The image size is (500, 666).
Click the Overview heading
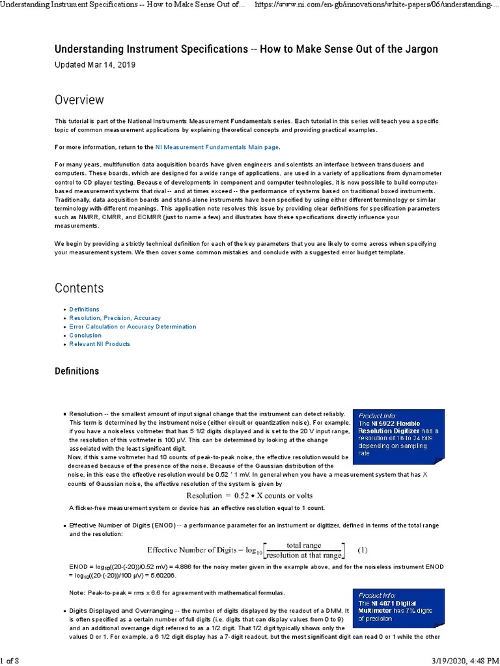pos(79,100)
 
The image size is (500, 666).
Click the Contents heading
pos(79,287)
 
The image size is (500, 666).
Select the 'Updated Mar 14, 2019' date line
pos(96,65)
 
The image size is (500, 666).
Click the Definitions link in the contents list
pos(84,310)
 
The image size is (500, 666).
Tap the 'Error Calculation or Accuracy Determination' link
pos(132,326)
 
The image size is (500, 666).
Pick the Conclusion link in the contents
pos(85,336)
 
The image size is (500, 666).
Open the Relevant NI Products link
pos(100,344)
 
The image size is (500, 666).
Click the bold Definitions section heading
pos(77,371)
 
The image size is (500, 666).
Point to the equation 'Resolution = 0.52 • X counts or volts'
pos(240,495)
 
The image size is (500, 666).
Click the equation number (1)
pos(363,550)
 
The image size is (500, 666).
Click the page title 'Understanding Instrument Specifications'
pos(246,49)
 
